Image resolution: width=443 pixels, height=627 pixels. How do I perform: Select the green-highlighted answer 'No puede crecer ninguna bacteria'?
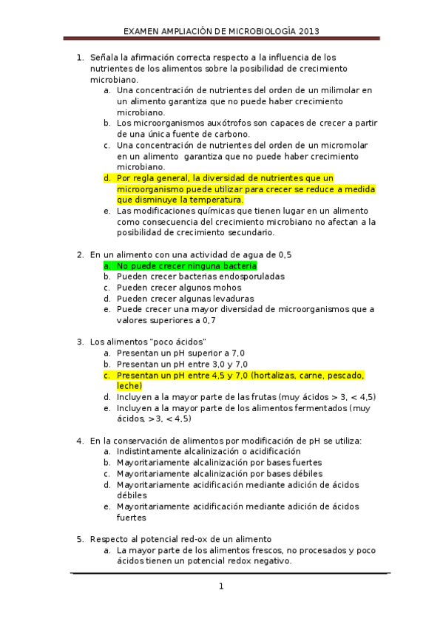coord(186,265)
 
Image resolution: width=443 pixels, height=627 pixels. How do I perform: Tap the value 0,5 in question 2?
coord(284,254)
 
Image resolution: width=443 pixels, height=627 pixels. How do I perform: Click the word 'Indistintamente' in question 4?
coord(151,451)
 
